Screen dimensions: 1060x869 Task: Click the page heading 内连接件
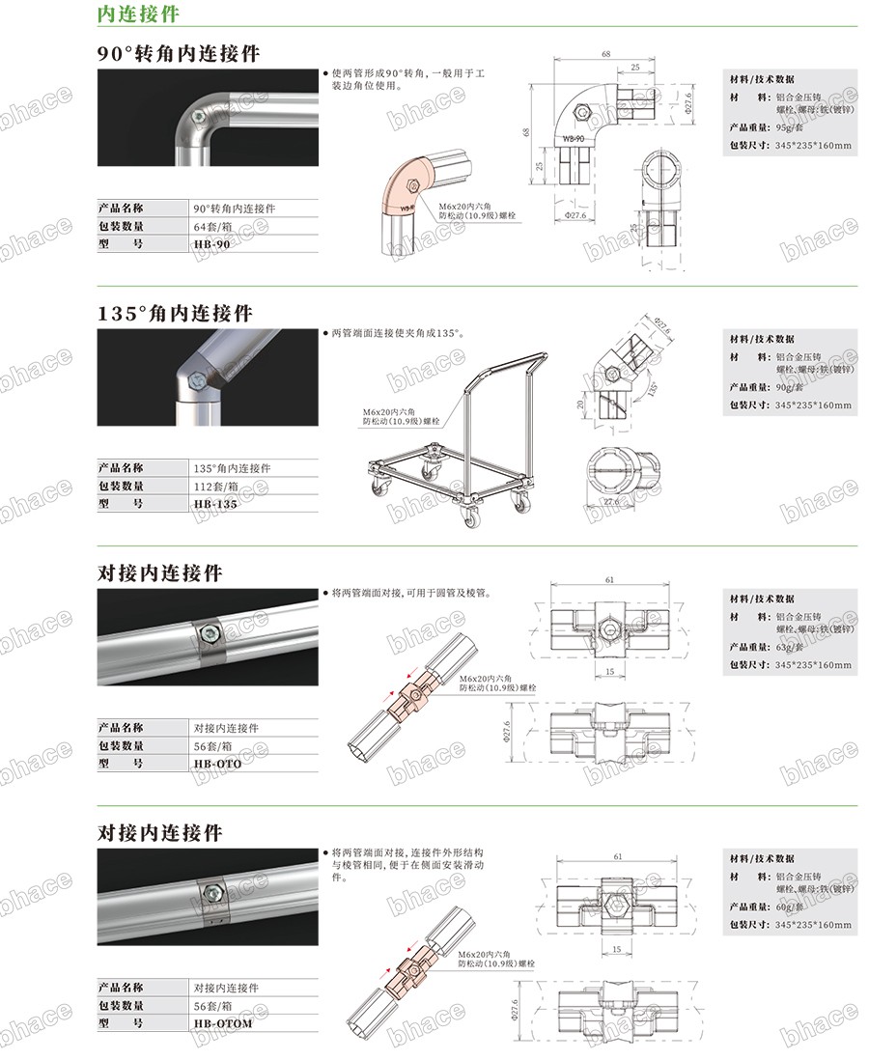137,14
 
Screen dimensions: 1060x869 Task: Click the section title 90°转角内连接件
179,53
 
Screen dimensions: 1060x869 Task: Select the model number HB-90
211,245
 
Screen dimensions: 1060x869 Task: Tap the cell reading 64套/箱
214,226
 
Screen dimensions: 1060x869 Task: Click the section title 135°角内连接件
175,314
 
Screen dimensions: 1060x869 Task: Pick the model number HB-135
214,504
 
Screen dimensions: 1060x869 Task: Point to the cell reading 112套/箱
217,486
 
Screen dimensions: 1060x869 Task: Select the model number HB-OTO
217,764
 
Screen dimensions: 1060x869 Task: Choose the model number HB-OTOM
222,1023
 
